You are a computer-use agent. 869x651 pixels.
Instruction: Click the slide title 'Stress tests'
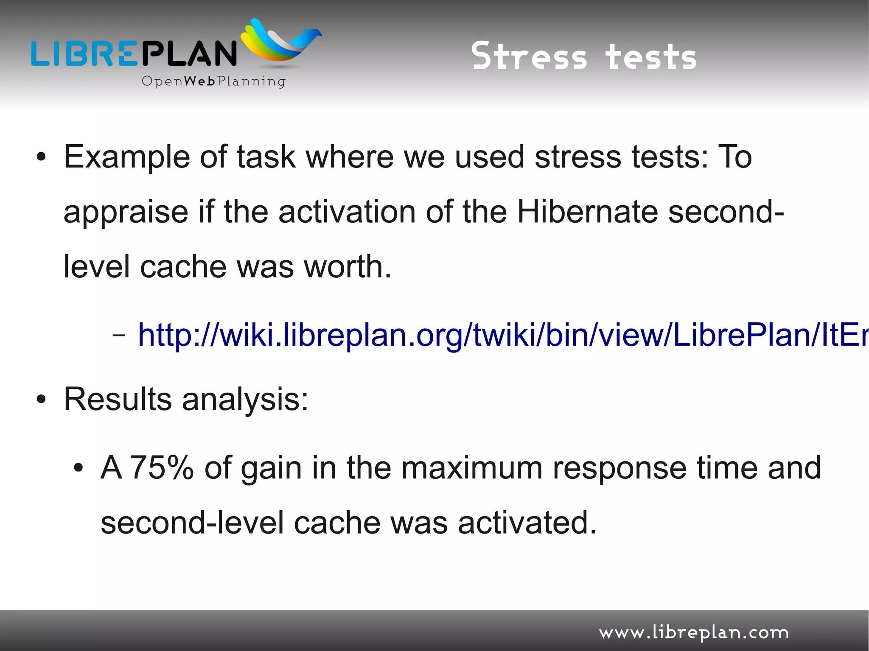click(584, 56)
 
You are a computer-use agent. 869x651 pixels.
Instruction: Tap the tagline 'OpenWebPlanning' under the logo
click(213, 81)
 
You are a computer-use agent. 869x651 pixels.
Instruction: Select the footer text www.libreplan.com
click(694, 633)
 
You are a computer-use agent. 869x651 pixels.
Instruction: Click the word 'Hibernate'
click(587, 212)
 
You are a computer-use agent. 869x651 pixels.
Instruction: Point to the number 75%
click(162, 468)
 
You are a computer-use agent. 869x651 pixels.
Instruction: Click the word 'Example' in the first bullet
click(126, 157)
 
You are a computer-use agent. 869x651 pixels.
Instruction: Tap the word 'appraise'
click(126, 212)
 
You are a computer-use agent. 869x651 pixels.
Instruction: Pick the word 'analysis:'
click(245, 400)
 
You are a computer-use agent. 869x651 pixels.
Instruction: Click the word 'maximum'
click(472, 468)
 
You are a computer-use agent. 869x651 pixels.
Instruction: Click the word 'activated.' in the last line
click(527, 522)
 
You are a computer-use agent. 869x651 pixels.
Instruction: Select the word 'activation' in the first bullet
click(347, 212)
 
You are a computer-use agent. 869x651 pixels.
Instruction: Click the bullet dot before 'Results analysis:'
click(41, 400)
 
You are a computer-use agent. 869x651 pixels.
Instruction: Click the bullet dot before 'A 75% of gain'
click(78, 468)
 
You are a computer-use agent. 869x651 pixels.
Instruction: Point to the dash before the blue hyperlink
click(119, 335)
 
